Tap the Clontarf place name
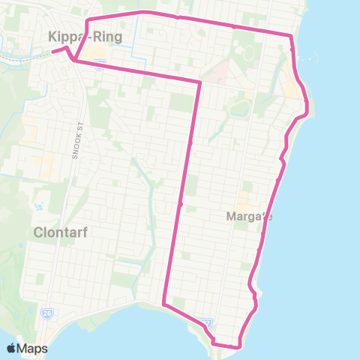coord(61,232)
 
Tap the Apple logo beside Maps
coord(11,348)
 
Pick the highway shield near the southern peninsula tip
coord(209,322)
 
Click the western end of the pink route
coord(53,52)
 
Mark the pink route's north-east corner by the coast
coord(291,35)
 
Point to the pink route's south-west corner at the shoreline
coord(163,304)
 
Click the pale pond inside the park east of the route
coord(239,108)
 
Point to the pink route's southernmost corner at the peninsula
coord(239,346)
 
